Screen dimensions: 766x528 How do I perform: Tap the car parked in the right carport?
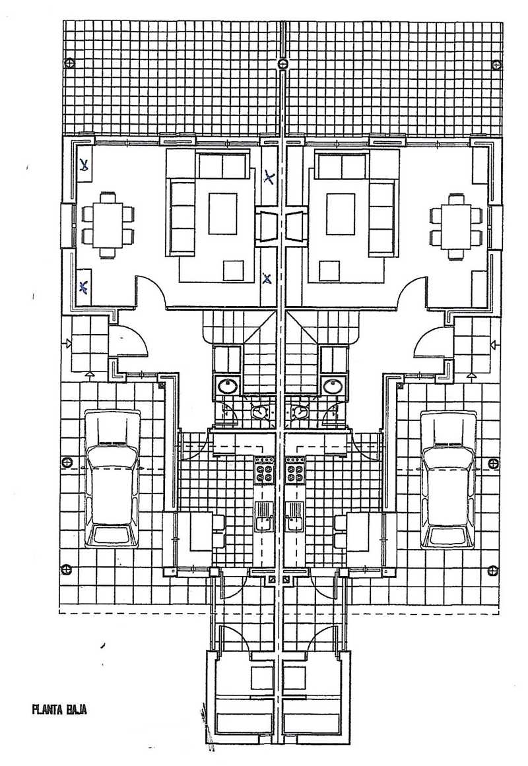point(449,478)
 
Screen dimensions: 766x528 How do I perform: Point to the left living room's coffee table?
point(222,213)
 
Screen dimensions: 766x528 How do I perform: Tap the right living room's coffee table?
point(341,213)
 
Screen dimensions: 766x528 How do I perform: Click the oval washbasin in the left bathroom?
point(229,386)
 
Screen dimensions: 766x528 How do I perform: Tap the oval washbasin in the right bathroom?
point(333,386)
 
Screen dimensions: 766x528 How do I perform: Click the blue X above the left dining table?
point(84,166)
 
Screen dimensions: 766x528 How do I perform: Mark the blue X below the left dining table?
point(84,286)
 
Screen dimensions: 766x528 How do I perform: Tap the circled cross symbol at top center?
point(282,63)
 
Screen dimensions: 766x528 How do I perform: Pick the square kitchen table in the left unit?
point(201,531)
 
